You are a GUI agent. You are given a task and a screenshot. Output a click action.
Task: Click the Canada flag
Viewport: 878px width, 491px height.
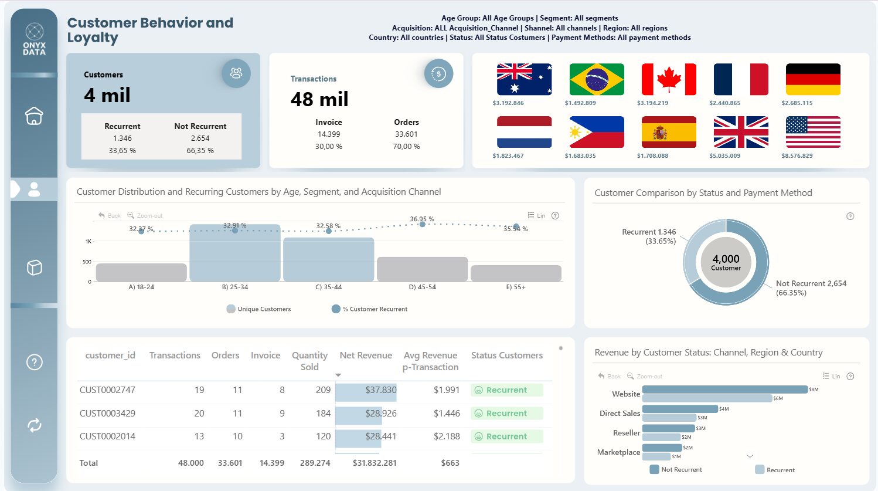(x=669, y=79)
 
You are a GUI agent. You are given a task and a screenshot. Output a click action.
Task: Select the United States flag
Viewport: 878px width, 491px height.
(x=813, y=132)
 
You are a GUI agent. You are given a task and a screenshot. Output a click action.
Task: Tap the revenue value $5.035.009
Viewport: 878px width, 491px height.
(x=724, y=156)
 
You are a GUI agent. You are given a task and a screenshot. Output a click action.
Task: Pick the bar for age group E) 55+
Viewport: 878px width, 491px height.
(x=516, y=273)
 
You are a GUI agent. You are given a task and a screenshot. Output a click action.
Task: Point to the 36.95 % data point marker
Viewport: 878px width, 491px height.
(x=422, y=224)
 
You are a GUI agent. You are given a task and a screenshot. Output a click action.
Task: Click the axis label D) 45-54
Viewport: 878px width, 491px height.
(x=422, y=287)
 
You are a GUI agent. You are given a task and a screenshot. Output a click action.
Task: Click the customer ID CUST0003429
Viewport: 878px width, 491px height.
(x=107, y=414)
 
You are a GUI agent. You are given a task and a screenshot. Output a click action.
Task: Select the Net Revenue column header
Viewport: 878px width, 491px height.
(x=366, y=355)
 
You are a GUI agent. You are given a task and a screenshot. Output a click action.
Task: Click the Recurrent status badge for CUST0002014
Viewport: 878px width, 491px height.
(x=506, y=436)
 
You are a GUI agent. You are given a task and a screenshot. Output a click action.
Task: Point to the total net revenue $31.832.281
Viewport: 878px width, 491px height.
(x=375, y=463)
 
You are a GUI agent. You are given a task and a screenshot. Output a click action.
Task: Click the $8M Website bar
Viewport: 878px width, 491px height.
(x=724, y=390)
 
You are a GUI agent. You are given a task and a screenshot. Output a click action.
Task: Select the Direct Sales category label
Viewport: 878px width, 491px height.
(x=620, y=414)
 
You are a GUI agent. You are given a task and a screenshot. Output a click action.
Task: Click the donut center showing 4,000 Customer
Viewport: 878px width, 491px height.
(x=726, y=262)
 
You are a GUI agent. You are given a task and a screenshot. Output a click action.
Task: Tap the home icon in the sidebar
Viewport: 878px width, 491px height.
(x=34, y=116)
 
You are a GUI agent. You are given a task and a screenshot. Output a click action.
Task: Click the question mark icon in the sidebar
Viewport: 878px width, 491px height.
(x=35, y=362)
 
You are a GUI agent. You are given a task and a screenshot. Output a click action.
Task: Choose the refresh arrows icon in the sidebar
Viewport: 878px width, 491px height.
(x=35, y=425)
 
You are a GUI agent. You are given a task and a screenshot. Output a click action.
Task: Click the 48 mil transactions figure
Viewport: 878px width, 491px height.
(x=319, y=100)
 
